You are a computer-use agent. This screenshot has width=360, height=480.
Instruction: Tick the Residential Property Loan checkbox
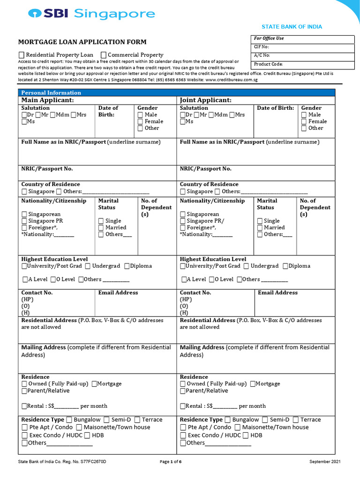(x=22, y=55)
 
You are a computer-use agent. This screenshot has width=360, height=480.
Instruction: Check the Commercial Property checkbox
(x=104, y=55)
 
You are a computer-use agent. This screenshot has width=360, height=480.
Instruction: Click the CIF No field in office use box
(x=303, y=47)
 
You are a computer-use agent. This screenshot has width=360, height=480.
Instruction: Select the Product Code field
(x=303, y=64)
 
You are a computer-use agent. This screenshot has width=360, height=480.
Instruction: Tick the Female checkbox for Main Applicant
(x=140, y=121)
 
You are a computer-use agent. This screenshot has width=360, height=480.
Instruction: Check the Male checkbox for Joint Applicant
(x=304, y=115)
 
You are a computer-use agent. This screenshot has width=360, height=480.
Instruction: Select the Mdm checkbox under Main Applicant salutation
(x=53, y=115)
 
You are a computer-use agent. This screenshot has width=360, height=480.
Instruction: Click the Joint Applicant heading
(x=205, y=100)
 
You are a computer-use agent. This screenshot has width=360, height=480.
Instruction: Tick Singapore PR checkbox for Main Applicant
(x=24, y=221)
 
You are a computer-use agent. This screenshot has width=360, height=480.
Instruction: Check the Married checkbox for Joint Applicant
(x=260, y=228)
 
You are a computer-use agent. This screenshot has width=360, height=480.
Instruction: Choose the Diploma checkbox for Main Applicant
(x=127, y=266)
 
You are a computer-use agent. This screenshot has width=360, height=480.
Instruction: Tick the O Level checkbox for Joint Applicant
(x=212, y=279)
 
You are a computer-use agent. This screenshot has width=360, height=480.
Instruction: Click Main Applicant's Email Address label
(x=118, y=292)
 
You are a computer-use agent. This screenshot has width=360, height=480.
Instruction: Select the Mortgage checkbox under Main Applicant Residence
(x=94, y=384)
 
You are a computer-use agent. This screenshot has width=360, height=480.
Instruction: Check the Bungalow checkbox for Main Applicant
(x=69, y=420)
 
